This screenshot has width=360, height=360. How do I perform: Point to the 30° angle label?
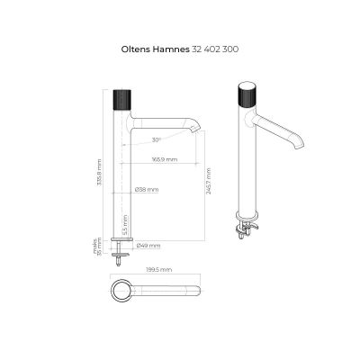tap(157, 140)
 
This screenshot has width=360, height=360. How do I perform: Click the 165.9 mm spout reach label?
tap(165, 159)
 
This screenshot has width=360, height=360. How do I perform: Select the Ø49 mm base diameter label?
tap(148, 245)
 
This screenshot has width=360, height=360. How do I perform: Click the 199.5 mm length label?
tap(161, 269)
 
